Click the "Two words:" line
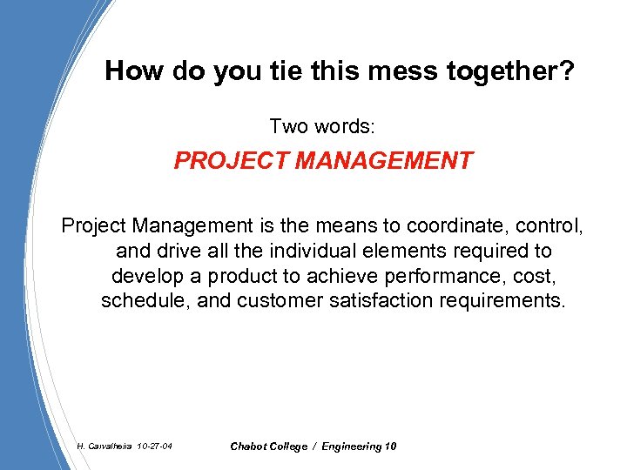(322, 126)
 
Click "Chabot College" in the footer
(268, 446)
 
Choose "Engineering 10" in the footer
(359, 446)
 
